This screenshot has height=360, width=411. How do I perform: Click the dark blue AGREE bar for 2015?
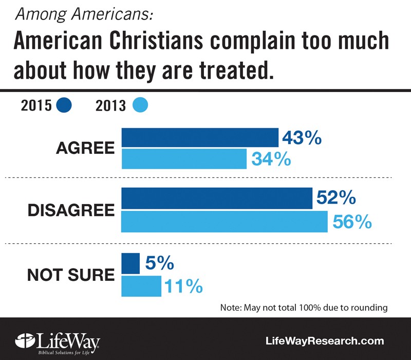coord(199,138)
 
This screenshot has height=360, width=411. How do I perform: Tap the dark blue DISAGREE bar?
coord(216,199)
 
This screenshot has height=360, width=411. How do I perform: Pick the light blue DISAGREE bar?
coord(224,221)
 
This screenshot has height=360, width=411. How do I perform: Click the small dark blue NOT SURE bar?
coord(130,263)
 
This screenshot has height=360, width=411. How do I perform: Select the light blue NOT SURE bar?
coord(141,285)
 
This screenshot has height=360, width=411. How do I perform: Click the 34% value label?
coord(271,159)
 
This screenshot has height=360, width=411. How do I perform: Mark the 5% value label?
coord(158,263)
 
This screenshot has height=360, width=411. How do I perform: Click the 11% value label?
coord(183,285)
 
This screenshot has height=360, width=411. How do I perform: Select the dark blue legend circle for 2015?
coord(64,105)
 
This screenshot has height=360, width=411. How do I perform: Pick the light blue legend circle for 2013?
coord(140,105)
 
